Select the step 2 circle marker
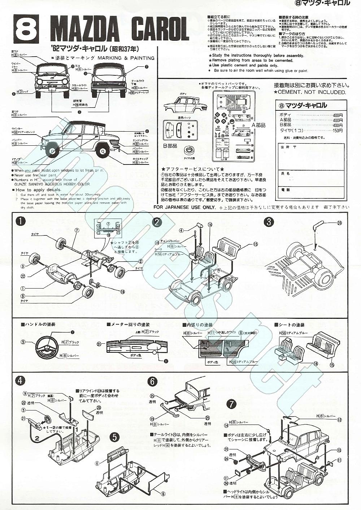pos(157,222)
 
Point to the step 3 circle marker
pos(268,222)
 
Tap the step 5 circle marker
pos(114,437)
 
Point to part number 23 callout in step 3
pos(339,223)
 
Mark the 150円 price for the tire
pos(338,131)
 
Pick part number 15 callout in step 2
pos(256,244)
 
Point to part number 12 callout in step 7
pos(339,419)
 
